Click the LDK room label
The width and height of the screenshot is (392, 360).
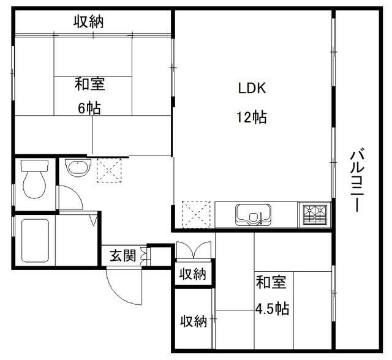tap(252, 88)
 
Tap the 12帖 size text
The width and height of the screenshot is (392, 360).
tap(252, 118)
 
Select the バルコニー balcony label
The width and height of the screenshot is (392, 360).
tap(355, 181)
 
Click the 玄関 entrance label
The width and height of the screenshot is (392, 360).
tap(123, 255)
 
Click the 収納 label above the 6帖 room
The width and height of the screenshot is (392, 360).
tap(89, 23)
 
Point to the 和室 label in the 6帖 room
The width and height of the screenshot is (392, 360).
tap(89, 84)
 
